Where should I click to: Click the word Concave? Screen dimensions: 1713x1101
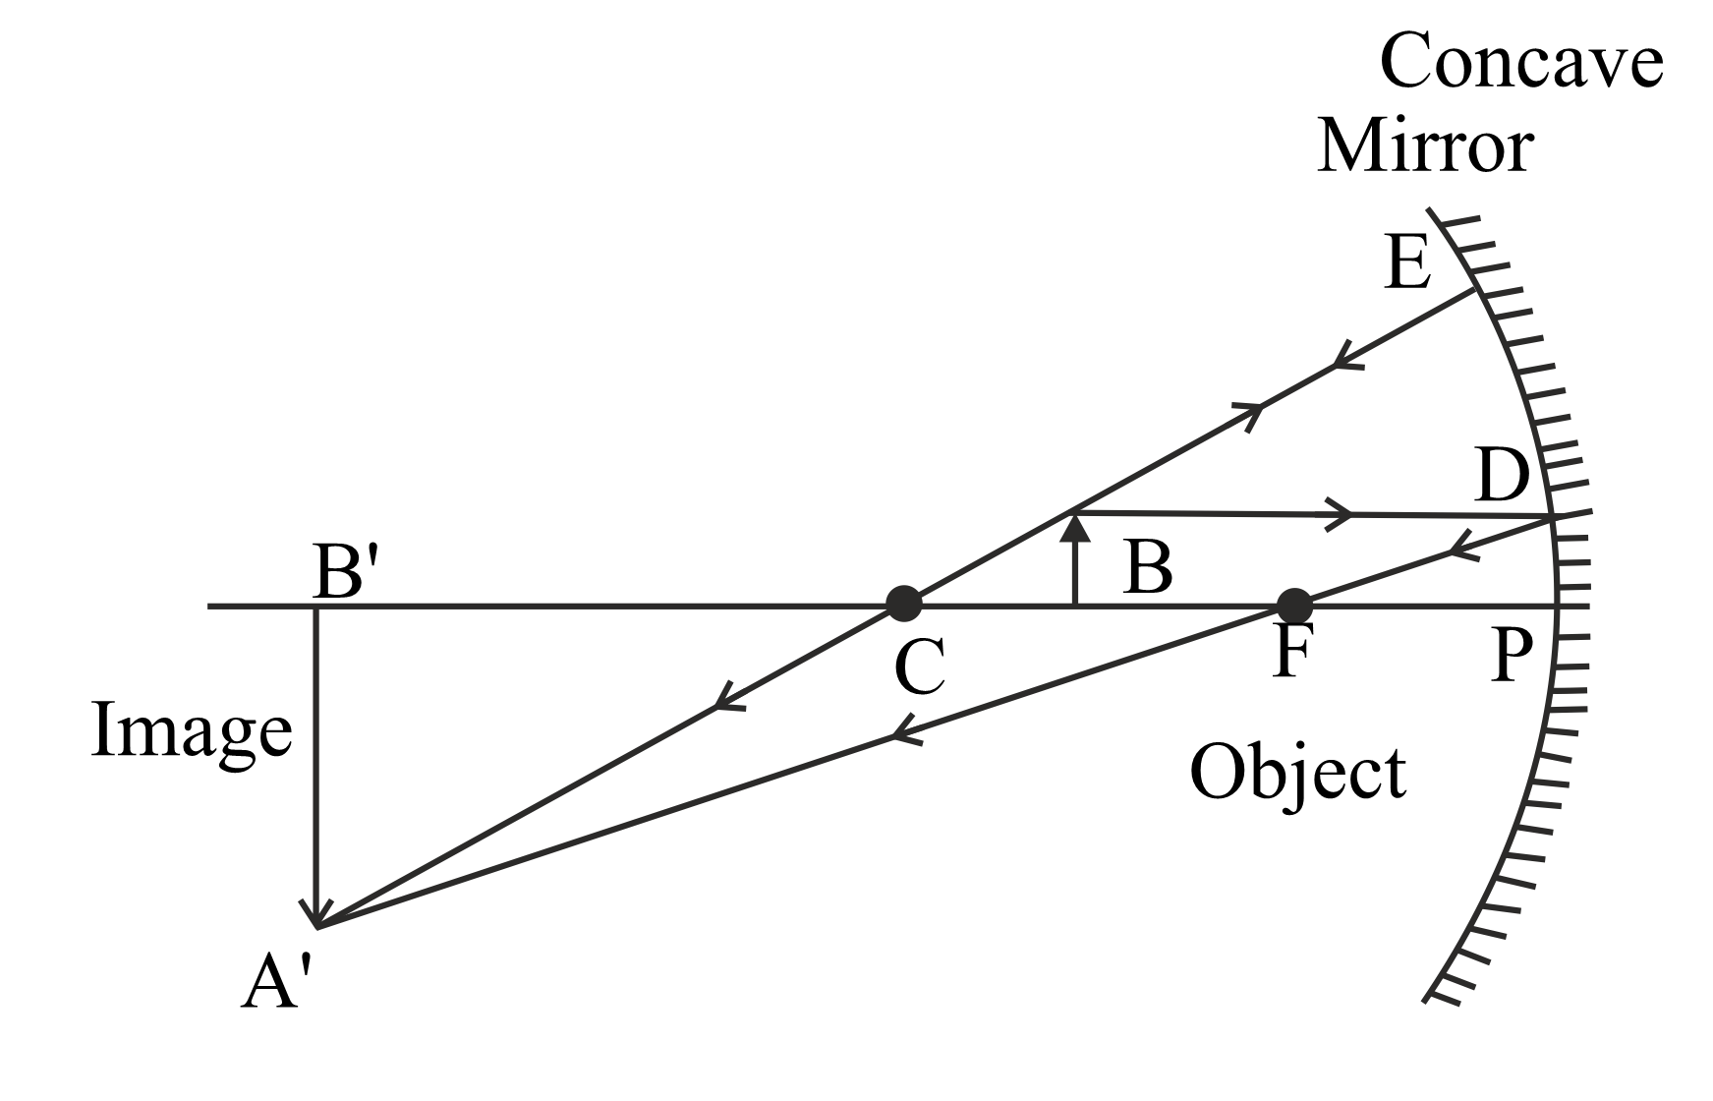tap(1521, 61)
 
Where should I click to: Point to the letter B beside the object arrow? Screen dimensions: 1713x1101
tap(1148, 568)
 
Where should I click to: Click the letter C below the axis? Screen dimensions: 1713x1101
tap(920, 667)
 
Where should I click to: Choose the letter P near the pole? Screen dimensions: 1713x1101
tap(1513, 657)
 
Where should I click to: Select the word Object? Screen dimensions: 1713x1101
tap(1298, 773)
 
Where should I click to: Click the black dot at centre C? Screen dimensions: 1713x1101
tap(903, 603)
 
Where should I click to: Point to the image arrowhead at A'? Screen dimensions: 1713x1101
tap(316, 924)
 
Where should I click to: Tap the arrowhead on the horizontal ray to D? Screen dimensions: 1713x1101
tap(1342, 513)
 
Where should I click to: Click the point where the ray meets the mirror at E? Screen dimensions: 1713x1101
tap(1475, 289)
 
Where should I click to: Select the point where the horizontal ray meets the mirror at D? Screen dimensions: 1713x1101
tap(1552, 516)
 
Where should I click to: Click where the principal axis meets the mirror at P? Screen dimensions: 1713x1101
tap(1557, 607)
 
